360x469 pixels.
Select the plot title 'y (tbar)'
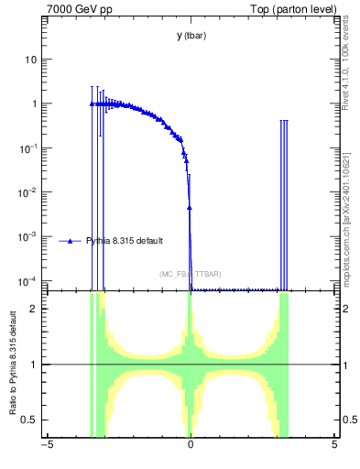(191, 36)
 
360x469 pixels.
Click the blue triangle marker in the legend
(71, 241)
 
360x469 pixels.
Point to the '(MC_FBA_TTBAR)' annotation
(190, 274)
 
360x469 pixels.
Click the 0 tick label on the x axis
(191, 446)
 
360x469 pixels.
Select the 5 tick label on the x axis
(334, 446)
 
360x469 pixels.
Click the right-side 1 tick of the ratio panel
(344, 365)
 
